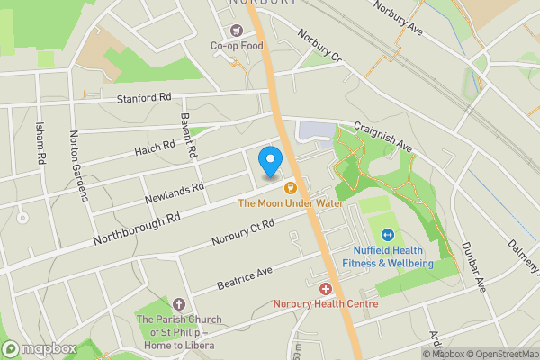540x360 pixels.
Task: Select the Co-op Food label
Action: [237, 45]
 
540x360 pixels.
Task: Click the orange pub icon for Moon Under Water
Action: [291, 188]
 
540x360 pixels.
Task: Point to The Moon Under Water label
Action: [292, 203]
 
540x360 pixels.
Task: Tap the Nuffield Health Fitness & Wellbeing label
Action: [388, 256]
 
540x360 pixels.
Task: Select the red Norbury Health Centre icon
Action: [326, 289]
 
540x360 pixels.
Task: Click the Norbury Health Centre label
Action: [326, 304]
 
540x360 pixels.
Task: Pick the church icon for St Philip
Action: [178, 304]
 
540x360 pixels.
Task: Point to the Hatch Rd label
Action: [156, 146]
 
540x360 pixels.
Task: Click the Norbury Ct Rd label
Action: [242, 233]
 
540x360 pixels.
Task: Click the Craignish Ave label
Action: [382, 137]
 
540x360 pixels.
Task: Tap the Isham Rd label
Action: [41, 143]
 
